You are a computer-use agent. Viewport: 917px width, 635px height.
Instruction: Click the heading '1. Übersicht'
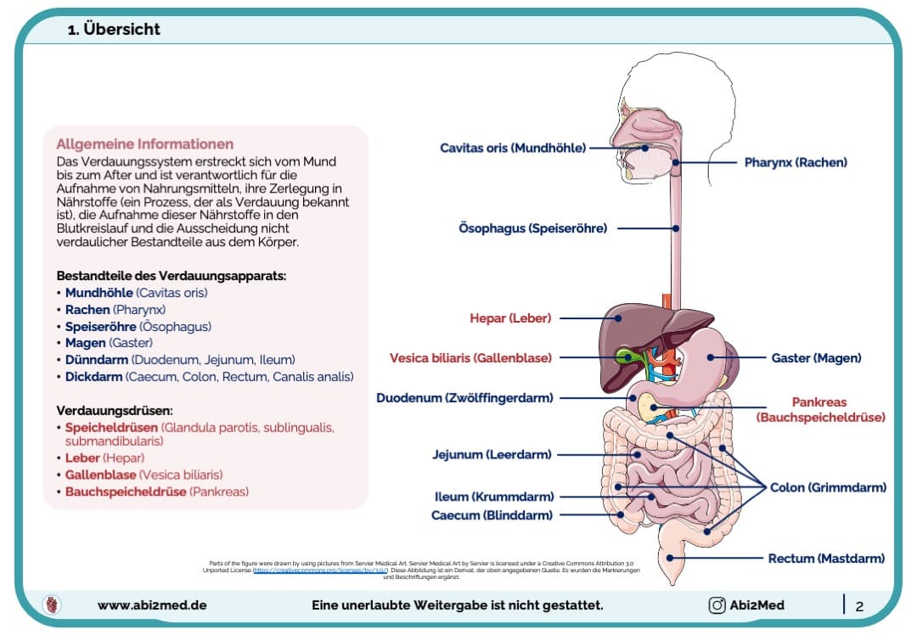tap(114, 30)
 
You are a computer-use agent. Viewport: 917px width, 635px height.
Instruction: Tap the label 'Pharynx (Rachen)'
tap(796, 161)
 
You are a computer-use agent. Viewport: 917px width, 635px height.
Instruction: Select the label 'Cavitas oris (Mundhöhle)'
tap(513, 148)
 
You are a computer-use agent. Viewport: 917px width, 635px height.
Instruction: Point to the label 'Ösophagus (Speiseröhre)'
tap(532, 228)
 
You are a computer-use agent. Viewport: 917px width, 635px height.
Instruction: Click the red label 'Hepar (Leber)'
tap(510, 318)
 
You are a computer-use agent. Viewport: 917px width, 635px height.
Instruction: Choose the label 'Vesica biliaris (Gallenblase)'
tap(470, 358)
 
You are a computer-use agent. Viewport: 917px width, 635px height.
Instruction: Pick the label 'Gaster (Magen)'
tap(816, 358)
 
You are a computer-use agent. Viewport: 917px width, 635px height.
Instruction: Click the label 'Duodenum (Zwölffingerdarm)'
tap(464, 397)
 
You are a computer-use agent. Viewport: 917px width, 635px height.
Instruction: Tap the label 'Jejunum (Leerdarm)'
tap(492, 454)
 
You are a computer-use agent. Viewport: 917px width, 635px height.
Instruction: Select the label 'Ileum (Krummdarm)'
tap(493, 497)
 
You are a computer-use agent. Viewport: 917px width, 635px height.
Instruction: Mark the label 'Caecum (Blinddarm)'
tap(492, 515)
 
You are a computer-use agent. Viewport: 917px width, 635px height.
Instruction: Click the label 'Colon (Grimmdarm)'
tap(828, 487)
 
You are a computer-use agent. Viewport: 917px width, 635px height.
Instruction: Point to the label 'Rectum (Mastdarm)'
tap(826, 559)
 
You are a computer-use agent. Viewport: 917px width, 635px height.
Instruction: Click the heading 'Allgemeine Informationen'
tap(144, 143)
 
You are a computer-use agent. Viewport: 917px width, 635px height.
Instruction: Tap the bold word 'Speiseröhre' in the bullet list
tap(100, 326)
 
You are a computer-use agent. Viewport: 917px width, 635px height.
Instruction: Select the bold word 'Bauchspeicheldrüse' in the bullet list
tap(126, 492)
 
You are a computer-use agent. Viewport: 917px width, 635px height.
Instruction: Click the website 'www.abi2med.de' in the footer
tap(152, 605)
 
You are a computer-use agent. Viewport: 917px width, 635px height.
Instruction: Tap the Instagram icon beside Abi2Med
tap(717, 605)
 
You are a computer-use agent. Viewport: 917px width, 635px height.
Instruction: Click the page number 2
tap(859, 606)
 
